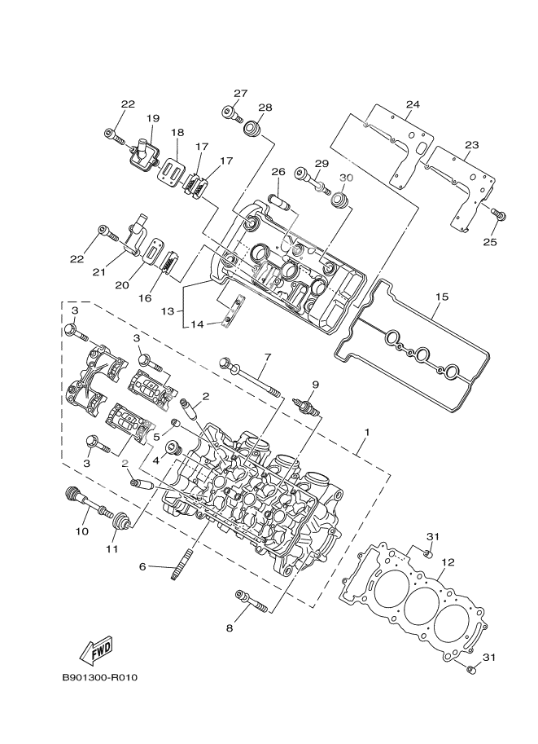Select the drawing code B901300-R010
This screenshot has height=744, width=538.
click(x=100, y=678)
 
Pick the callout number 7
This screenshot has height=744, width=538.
click(x=265, y=356)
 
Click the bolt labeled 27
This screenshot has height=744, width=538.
click(x=234, y=115)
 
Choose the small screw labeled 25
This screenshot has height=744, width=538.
click(x=500, y=214)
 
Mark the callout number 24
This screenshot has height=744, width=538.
click(x=413, y=104)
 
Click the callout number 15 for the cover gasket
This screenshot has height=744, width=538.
click(x=440, y=297)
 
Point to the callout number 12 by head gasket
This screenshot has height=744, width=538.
click(x=447, y=562)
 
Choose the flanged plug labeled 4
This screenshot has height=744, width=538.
click(x=173, y=449)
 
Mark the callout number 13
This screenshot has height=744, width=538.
click(x=167, y=311)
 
